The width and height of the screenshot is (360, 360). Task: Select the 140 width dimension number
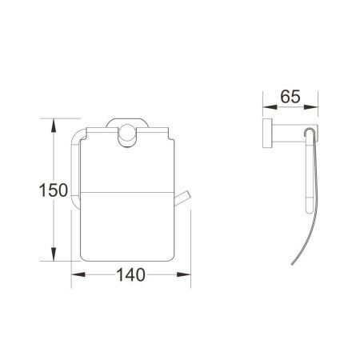(x=130, y=274)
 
